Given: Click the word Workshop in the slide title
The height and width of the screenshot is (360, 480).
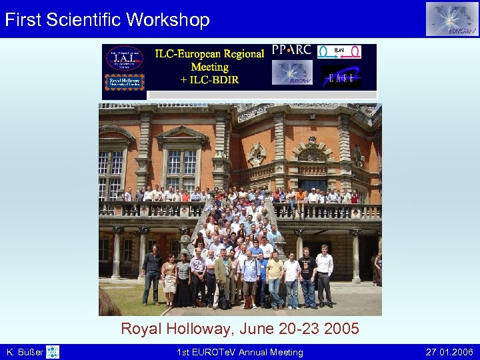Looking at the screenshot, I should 171,19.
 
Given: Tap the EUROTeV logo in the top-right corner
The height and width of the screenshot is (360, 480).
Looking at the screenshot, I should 452,19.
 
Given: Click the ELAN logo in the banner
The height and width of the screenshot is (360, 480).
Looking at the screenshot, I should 339,51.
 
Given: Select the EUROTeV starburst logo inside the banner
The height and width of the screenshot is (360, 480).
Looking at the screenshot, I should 292,73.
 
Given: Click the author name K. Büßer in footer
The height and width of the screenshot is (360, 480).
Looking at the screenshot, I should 24,352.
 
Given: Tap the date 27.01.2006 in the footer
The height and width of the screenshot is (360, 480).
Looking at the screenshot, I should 449,352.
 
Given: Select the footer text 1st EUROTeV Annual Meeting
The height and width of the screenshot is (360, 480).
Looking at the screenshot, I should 239,352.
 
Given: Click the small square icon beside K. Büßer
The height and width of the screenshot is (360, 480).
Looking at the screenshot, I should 53,352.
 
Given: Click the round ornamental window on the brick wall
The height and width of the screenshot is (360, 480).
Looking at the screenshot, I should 257,155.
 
